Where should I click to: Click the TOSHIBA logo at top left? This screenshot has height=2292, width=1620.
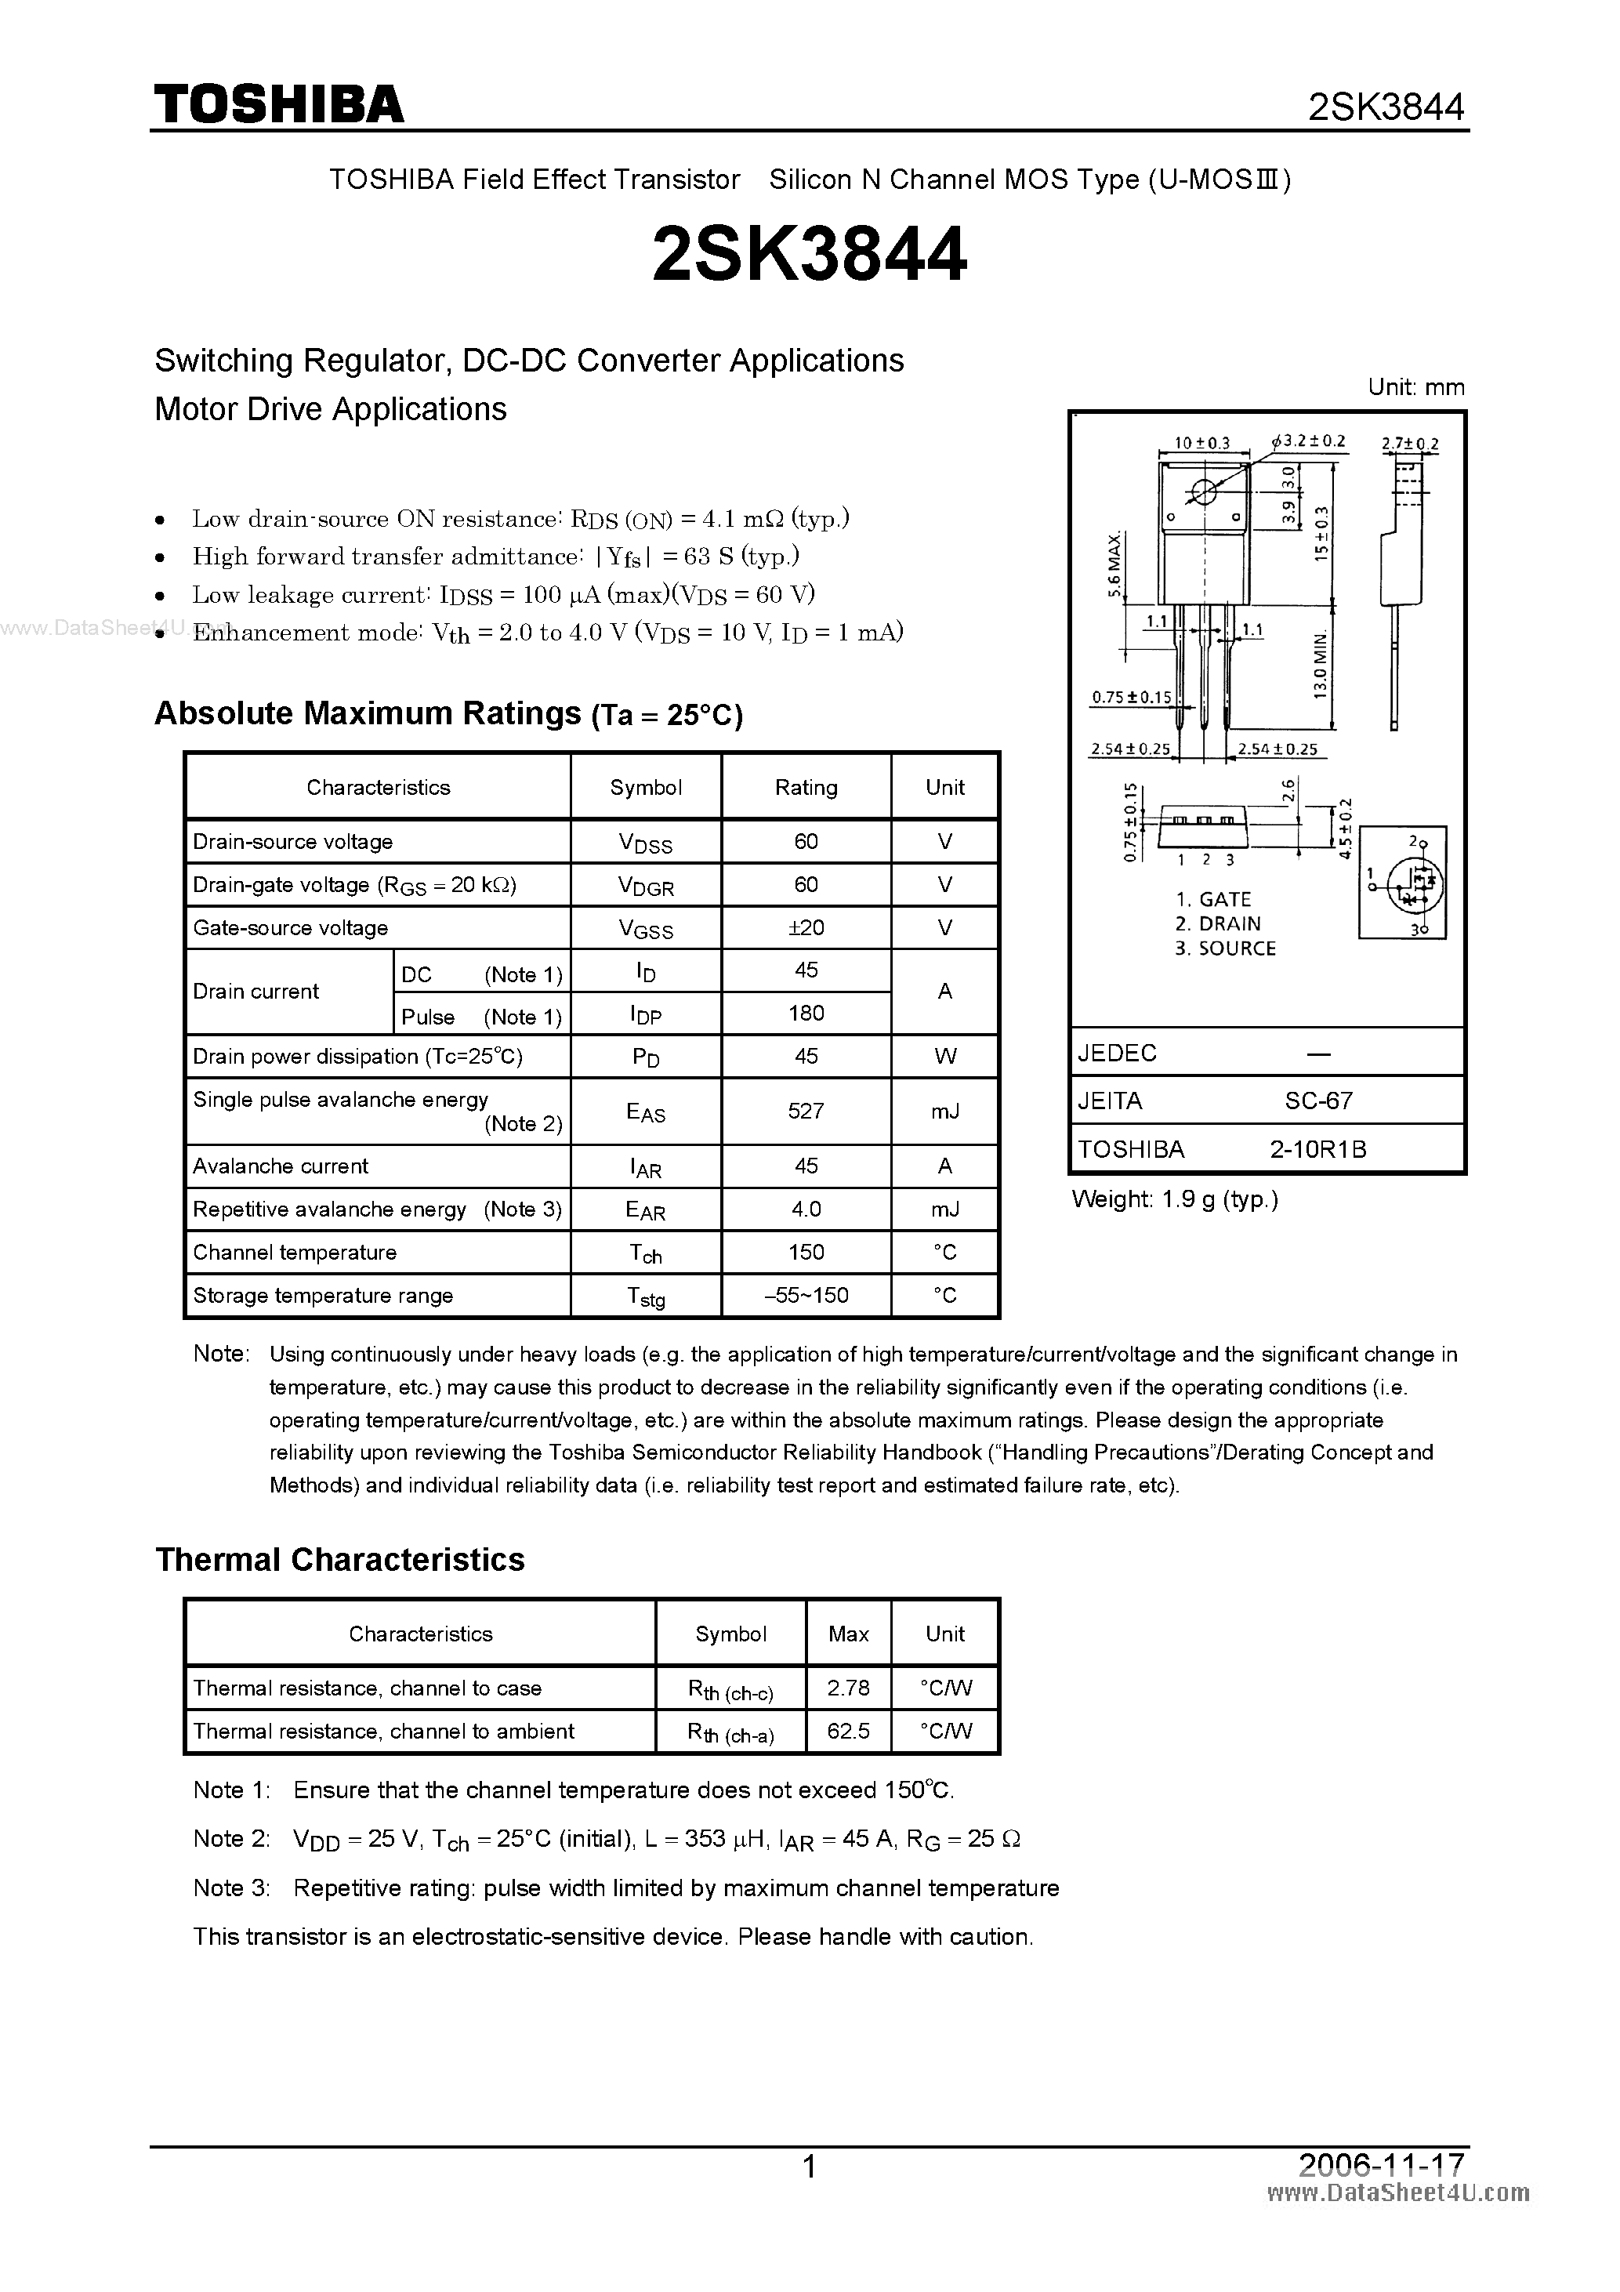coord(278,103)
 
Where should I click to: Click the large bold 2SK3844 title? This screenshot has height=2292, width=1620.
coord(809,255)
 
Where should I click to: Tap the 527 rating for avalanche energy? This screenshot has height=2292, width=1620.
coord(806,1110)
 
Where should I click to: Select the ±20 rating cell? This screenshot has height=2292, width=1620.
coord(806,927)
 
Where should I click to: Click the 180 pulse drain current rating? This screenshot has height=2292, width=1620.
coord(806,1014)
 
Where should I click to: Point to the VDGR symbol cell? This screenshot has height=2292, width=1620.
coord(646,886)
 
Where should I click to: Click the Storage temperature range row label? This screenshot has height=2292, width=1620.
coord(322,1296)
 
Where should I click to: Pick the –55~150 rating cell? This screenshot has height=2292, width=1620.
coord(806,1296)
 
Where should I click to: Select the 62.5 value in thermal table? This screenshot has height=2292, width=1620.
coord(849,1731)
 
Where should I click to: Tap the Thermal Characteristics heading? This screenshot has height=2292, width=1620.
coord(339,1559)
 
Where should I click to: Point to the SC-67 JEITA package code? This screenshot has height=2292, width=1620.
coord(1317,1101)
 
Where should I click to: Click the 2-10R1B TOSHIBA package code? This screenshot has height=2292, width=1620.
coord(1317,1149)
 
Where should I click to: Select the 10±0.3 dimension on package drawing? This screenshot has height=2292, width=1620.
coord(1201,443)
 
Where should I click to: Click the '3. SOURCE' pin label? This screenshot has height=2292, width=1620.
coord(1225,948)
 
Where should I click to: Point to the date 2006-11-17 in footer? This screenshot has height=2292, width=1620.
coord(1382,2165)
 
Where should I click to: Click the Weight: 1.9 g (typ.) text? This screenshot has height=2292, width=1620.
coord(1175,1199)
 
